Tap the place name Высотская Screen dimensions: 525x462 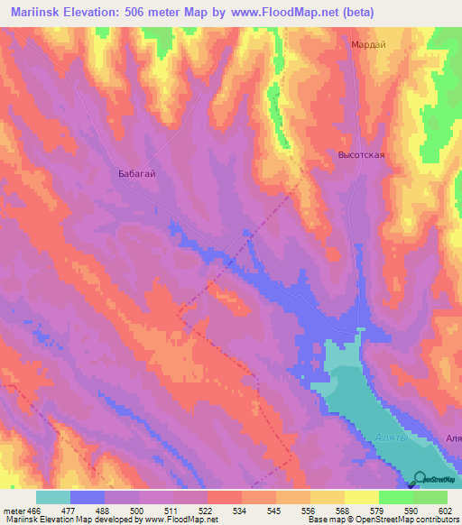[x=362, y=155]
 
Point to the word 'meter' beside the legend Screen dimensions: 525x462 [x=14, y=510]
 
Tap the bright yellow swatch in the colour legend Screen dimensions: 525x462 [x=361, y=497]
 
